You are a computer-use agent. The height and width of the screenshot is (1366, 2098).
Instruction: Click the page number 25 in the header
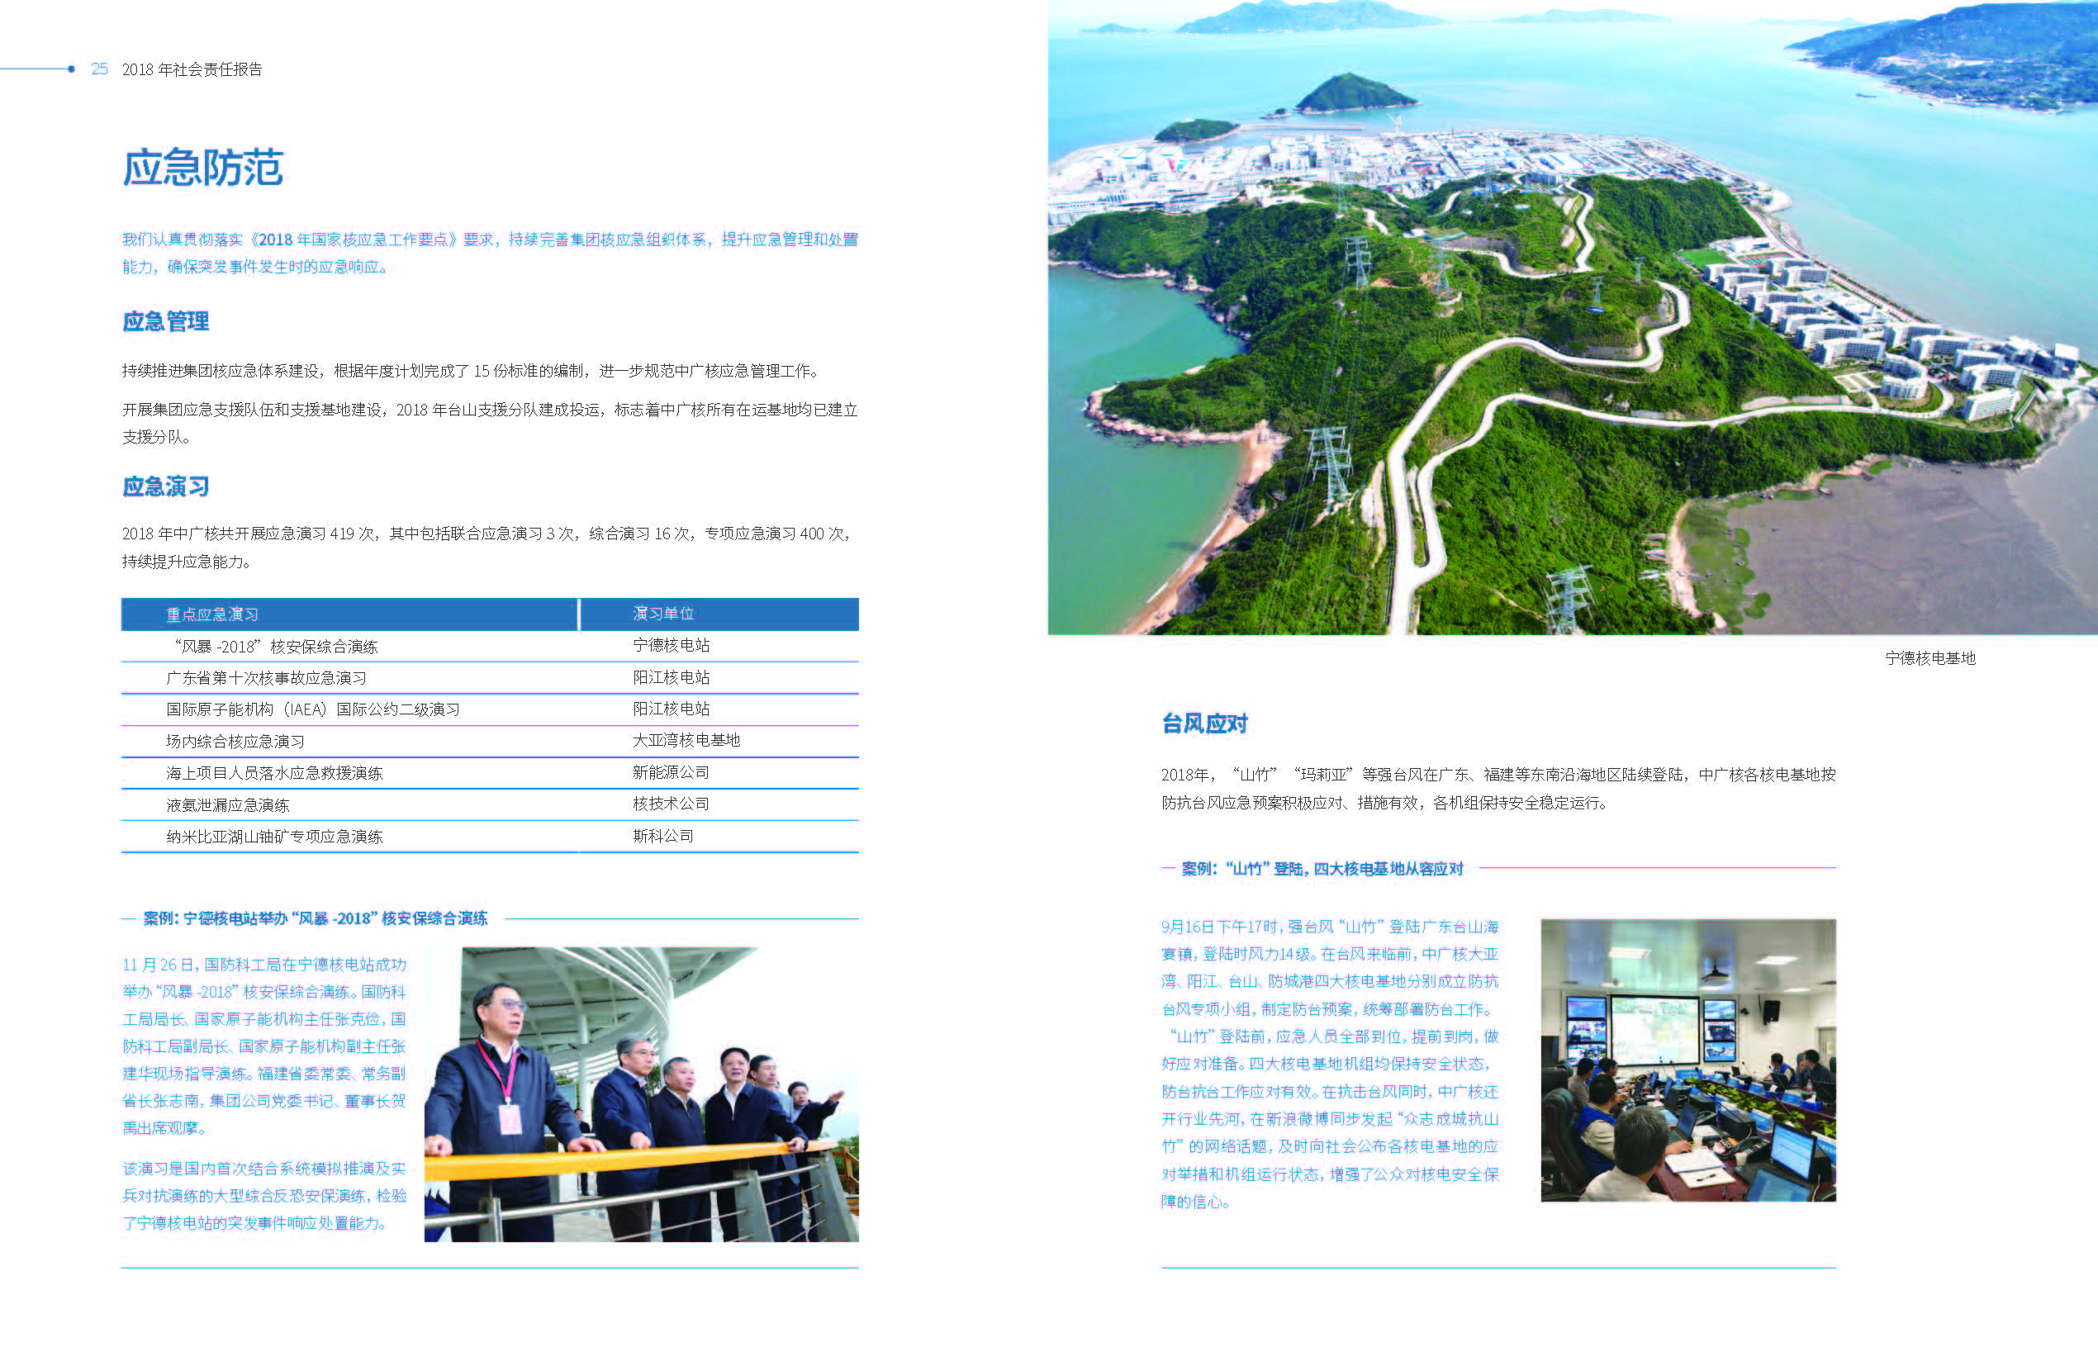[x=100, y=69]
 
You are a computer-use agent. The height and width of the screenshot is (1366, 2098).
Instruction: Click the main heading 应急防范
[x=202, y=168]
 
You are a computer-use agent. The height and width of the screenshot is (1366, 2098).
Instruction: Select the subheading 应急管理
[x=166, y=321]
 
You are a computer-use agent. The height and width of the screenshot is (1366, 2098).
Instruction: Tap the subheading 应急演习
[x=166, y=486]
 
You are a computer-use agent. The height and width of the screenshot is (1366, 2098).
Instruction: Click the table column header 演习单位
[x=663, y=614]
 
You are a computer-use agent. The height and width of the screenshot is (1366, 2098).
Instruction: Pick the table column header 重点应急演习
[x=212, y=614]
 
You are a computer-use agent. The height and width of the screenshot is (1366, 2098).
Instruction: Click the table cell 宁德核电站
[x=671, y=645]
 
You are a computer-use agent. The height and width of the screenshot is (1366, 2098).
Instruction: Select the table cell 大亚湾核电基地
[x=686, y=740]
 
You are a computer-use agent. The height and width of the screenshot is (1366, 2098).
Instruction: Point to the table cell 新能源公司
[x=671, y=772]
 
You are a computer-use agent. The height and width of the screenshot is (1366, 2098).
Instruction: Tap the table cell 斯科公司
[x=663, y=836]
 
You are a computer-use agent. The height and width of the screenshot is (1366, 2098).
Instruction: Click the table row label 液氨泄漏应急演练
[x=227, y=804]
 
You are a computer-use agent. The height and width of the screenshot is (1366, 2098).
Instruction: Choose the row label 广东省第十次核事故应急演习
[x=266, y=678]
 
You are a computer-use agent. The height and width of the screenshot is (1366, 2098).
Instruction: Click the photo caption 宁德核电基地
[x=1929, y=658]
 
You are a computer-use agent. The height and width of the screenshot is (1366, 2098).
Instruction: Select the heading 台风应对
[x=1204, y=723]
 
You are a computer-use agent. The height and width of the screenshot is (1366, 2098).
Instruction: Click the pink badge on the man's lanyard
[x=510, y=1119]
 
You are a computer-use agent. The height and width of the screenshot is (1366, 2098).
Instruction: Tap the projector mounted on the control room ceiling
[x=1713, y=972]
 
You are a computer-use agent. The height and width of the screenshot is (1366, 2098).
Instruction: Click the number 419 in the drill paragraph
[x=342, y=534]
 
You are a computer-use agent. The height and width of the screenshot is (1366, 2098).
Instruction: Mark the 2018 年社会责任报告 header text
[x=192, y=69]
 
